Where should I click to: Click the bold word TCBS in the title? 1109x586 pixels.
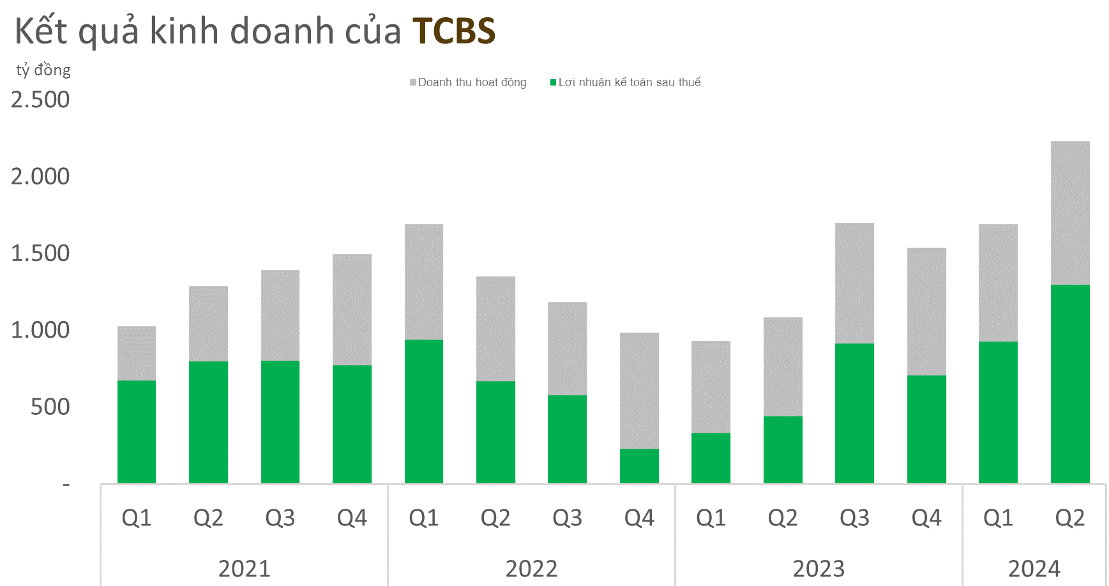point(453,31)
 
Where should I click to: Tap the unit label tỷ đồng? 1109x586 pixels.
point(43,70)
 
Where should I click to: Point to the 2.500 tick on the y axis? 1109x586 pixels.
point(40,100)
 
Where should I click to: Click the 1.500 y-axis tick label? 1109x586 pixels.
point(40,253)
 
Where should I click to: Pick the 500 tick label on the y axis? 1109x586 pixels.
point(50,407)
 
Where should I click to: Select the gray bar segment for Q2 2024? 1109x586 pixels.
point(1070,213)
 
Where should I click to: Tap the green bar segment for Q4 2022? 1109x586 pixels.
point(639,466)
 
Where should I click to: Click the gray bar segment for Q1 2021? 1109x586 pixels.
point(137,353)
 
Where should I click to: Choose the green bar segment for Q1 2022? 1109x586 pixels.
point(424,411)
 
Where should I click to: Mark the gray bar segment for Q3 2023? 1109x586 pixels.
point(854,283)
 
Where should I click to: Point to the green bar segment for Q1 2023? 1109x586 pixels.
point(711,458)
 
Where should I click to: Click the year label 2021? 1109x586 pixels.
point(245,568)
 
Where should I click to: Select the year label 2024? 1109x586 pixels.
point(1034,568)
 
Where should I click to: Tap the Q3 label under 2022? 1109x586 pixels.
point(567,518)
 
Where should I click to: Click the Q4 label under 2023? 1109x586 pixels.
point(926,518)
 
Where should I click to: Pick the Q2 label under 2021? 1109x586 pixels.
point(208,518)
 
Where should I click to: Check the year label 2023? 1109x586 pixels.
point(819,568)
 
